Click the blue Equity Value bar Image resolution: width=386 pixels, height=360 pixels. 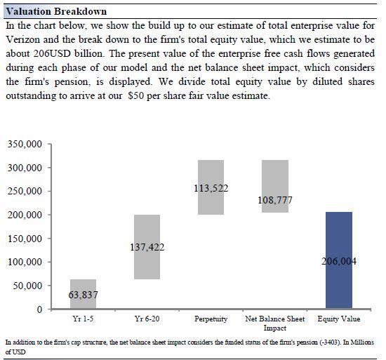(339, 260)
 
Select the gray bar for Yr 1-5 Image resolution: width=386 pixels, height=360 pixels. (83, 294)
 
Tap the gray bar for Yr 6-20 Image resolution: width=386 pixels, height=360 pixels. (147, 247)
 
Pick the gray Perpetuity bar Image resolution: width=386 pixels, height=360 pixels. (211, 187)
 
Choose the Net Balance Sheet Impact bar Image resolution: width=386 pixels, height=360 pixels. (275, 186)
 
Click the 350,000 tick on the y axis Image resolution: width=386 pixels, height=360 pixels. (25, 144)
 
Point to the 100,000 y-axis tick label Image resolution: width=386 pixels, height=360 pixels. (25, 262)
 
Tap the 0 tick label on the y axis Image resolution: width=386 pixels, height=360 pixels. (39, 309)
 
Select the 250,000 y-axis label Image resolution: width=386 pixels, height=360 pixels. (25, 191)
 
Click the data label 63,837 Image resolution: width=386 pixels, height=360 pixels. (83, 295)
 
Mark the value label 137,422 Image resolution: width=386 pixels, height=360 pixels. (147, 247)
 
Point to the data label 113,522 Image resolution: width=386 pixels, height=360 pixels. (211, 189)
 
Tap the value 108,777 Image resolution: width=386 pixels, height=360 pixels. (275, 200)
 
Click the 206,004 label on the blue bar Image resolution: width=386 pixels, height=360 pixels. (339, 261)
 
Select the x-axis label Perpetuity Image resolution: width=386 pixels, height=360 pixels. (211, 319)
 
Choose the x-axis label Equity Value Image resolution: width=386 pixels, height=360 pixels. (339, 319)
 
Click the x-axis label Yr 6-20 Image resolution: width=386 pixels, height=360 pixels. (147, 319)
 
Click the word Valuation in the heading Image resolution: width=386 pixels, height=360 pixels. (28, 11)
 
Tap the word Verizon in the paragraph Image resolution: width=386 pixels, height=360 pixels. (22, 39)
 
